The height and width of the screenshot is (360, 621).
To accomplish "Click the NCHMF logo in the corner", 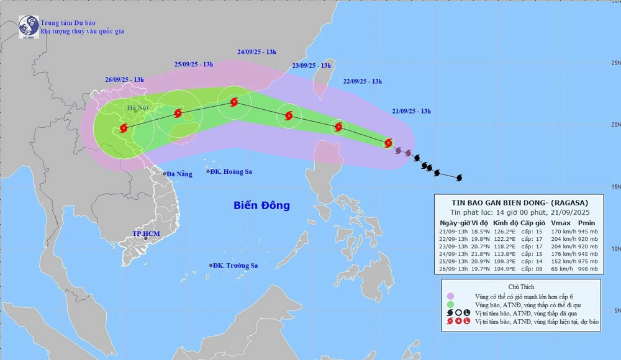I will click(28, 26).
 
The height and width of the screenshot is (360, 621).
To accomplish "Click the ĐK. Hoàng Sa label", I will click(231, 172).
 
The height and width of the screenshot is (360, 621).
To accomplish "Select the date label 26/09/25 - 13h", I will click(124, 79).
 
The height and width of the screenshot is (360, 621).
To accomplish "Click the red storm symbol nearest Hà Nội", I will click(122, 129).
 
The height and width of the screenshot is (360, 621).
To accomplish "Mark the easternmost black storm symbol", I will click(460, 178).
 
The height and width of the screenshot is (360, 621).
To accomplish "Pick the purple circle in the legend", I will click(450, 295).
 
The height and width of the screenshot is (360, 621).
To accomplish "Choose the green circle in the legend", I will click(450, 305).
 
